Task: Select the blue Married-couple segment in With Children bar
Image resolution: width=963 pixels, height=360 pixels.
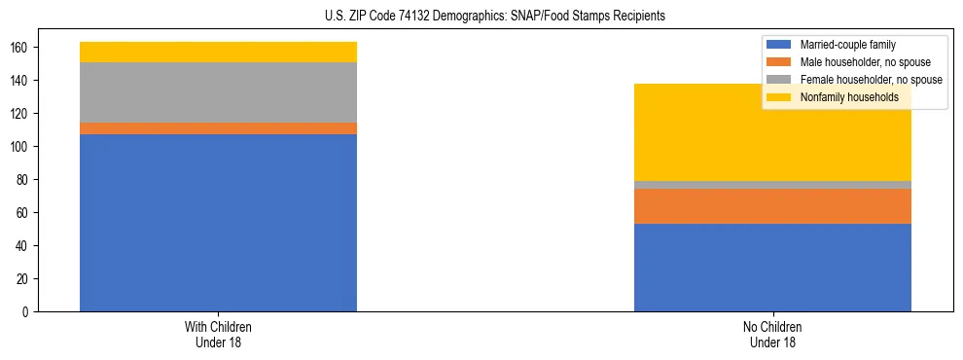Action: click(218, 223)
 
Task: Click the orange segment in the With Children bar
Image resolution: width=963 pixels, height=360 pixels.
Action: click(218, 128)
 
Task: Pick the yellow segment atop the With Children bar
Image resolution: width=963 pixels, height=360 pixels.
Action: click(218, 52)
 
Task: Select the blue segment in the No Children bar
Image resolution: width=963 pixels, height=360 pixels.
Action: click(772, 268)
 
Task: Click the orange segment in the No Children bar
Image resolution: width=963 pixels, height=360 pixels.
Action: click(772, 206)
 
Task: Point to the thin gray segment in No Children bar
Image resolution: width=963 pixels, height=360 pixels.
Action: click(772, 185)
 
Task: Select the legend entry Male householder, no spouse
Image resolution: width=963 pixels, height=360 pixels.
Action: click(865, 62)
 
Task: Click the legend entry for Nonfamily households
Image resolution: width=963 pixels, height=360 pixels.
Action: click(849, 97)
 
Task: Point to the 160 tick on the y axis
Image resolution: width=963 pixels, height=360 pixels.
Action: click(27, 48)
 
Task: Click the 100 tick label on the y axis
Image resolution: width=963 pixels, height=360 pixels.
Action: click(27, 147)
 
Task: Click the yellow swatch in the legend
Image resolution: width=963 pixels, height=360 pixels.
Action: click(779, 97)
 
